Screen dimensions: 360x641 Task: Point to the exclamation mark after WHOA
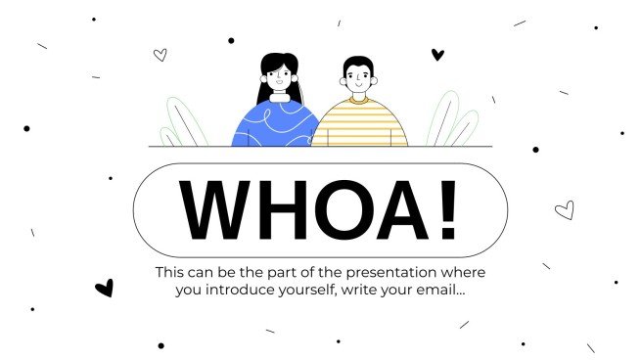pos(447,210)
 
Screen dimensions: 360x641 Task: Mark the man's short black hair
pos(358,62)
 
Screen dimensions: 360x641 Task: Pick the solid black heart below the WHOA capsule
pos(104,288)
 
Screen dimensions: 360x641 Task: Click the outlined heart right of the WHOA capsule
pos(564,209)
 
